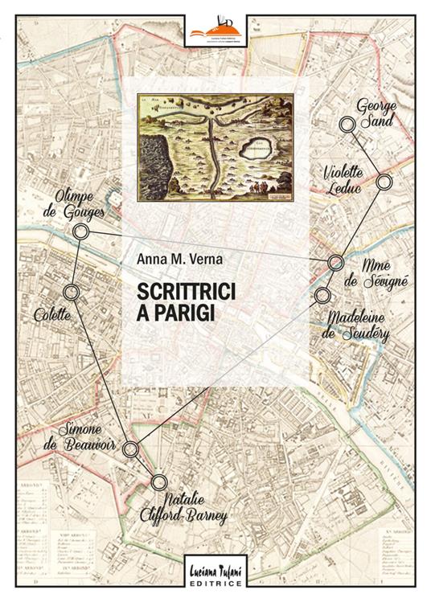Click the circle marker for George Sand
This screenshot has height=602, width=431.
click(x=347, y=124)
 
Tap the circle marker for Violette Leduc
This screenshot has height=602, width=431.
click(x=384, y=182)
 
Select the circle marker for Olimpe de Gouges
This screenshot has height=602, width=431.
click(x=80, y=232)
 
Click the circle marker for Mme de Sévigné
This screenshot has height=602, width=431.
click(x=336, y=263)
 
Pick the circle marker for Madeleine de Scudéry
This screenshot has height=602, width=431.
click(x=322, y=295)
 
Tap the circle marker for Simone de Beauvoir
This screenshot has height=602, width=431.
click(x=130, y=448)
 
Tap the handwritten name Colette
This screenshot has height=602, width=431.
click(x=52, y=316)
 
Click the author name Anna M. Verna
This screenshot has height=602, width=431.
click(x=173, y=258)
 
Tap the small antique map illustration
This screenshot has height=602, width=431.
click(x=215, y=147)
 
